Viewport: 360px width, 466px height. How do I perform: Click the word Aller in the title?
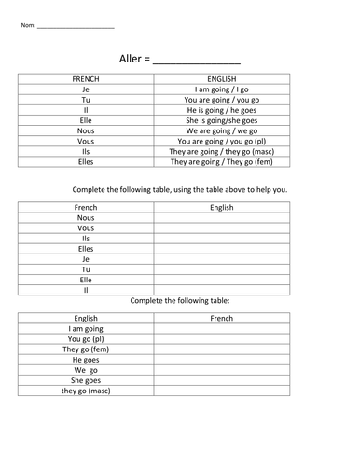pyautogui.click(x=131, y=57)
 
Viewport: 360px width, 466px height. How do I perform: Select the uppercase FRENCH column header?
pyautogui.click(x=86, y=80)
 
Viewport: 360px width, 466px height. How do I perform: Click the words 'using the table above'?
pyautogui.click(x=202, y=189)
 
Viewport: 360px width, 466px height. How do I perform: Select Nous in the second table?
pyautogui.click(x=86, y=218)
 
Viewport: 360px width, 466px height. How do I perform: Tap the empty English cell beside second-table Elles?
pyautogui.click(x=221, y=249)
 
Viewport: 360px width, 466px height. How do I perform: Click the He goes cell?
pyautogui.click(x=86, y=359)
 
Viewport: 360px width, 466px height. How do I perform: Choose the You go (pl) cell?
pyautogui.click(x=86, y=338)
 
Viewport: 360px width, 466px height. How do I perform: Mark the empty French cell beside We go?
pyautogui.click(x=221, y=369)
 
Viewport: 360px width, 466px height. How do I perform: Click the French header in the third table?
pyautogui.click(x=221, y=318)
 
